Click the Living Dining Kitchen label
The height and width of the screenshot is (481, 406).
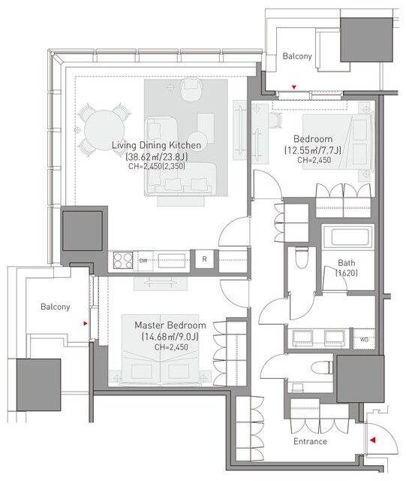156,145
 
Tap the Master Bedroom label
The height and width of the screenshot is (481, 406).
170,325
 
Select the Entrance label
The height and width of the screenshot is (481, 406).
310,441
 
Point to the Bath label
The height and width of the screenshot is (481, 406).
347,263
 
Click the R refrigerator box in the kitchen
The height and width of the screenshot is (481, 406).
204,259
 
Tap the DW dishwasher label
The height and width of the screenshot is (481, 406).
143,261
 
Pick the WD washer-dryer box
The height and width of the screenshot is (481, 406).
364,339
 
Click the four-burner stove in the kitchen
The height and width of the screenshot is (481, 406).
123,260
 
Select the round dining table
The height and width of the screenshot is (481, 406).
104,130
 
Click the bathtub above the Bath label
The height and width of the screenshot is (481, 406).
347,237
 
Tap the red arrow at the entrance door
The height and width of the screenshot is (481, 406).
372,440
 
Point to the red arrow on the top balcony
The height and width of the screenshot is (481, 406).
294,87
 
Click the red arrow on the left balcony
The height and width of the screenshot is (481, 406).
86,323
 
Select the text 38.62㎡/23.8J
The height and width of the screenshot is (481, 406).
157,157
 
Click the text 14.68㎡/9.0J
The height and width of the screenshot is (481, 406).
170,337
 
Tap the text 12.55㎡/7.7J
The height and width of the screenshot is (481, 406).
312,150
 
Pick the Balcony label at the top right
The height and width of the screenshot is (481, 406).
297,56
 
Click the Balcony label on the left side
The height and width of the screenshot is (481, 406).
55,307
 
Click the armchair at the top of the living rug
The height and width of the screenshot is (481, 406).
190,89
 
